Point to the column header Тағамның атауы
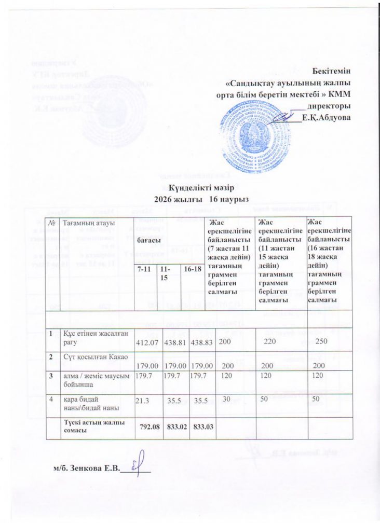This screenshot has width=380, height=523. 85,223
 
